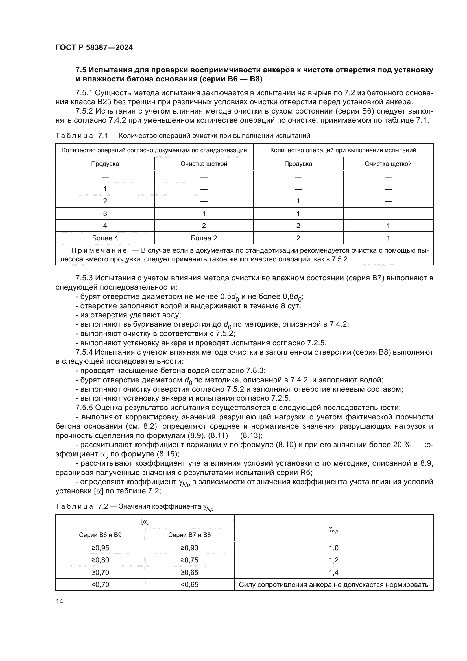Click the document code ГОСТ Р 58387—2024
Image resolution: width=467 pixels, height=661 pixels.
click(x=94, y=47)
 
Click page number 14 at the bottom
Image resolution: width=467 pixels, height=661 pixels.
click(x=60, y=601)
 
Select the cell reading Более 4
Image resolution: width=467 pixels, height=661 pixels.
click(x=105, y=238)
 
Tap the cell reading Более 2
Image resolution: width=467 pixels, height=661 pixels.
click(x=204, y=238)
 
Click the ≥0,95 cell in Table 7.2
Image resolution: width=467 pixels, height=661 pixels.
click(x=100, y=548)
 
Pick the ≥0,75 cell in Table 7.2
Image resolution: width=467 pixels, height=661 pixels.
click(x=189, y=560)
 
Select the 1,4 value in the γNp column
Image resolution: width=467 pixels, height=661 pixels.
click(x=333, y=572)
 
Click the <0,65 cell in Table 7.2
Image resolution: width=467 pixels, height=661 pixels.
click(x=189, y=584)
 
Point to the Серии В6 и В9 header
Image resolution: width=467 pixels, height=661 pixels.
click(x=100, y=535)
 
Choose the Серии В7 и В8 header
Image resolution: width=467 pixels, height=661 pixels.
click(x=189, y=535)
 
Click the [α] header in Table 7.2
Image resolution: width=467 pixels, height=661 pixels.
click(x=145, y=522)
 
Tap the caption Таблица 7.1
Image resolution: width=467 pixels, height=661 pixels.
click(x=81, y=136)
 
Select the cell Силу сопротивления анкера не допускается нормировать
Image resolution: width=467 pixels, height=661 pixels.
click(x=333, y=584)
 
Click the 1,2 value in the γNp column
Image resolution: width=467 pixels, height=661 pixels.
click(x=333, y=560)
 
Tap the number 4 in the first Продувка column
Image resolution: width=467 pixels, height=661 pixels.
click(x=105, y=226)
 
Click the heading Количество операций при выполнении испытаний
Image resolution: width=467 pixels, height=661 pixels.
click(x=343, y=150)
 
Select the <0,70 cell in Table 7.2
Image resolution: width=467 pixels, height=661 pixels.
click(x=100, y=584)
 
